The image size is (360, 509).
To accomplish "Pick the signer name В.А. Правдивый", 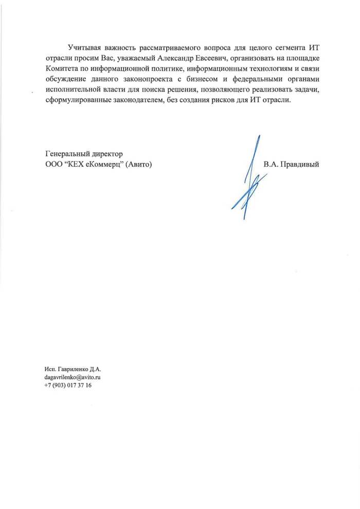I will pos(292,165).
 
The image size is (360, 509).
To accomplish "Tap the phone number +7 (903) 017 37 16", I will pos(68,386).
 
